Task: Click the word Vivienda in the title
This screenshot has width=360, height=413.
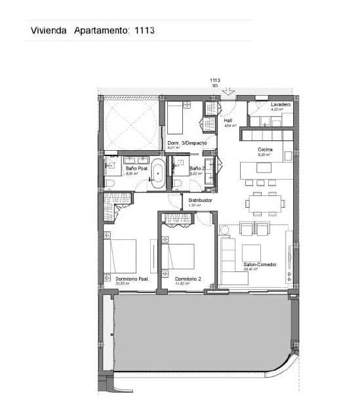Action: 49,30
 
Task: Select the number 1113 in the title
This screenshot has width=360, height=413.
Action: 144,30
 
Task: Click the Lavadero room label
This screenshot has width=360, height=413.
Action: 280,105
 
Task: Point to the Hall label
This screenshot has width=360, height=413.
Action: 228,121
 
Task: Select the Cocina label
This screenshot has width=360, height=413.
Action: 265,149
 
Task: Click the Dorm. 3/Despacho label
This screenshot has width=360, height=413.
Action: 187,143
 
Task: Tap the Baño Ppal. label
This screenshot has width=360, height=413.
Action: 128,168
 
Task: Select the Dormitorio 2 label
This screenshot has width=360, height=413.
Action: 189,280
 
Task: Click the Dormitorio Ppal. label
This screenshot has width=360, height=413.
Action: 131,279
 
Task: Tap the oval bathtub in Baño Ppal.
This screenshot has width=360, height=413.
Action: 157,174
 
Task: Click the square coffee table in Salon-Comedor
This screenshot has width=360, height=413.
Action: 251,252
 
